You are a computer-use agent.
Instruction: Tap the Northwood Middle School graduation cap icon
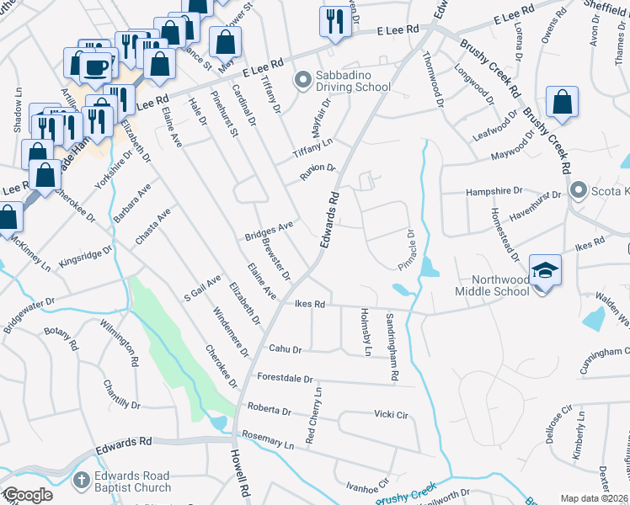[x=544, y=271]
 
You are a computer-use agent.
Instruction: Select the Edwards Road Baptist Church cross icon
[x=81, y=481]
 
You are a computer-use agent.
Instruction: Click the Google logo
[x=27, y=496]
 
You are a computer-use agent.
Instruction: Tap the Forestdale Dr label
[x=285, y=378]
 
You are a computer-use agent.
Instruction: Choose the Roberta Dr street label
[x=269, y=411]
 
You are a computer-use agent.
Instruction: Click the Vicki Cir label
[x=391, y=414]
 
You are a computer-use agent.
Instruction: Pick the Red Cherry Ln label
[x=313, y=416]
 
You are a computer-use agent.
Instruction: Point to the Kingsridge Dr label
[x=85, y=256]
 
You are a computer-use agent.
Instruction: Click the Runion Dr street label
[x=318, y=173]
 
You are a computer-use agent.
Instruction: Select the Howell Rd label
[x=240, y=477]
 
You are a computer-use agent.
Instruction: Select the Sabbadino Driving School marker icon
[x=302, y=81]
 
